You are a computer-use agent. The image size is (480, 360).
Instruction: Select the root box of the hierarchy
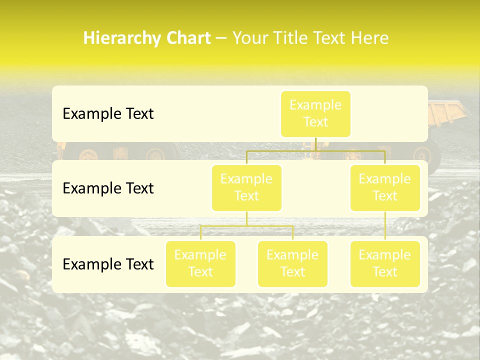point(315,114)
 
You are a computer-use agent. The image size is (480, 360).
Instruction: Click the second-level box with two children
point(246,188)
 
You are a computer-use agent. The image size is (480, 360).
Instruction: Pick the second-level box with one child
point(385,188)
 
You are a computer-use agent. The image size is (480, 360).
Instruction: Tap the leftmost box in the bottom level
point(200,264)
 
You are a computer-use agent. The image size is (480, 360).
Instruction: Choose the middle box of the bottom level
point(292,264)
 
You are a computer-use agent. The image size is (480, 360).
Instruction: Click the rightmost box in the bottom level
point(385,264)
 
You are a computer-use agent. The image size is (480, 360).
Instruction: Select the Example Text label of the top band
point(108,114)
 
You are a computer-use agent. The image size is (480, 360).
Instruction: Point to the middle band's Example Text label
point(108,188)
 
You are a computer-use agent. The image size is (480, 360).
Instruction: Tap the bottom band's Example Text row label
point(108,264)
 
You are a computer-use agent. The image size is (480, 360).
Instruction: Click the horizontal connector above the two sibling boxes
point(246,226)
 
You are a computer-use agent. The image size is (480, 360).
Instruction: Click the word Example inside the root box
point(315,105)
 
